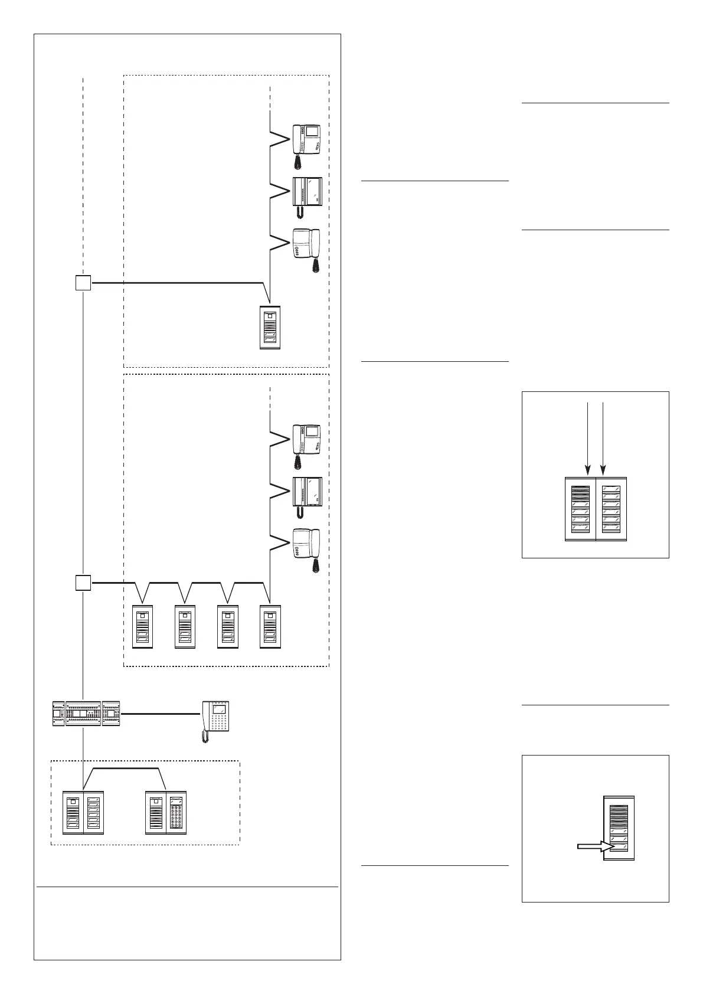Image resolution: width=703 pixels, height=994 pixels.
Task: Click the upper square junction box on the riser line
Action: (x=83, y=283)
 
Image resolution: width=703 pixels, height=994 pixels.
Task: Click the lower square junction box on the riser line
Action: (x=83, y=583)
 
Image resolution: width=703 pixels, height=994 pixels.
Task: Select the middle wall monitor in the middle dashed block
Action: (x=307, y=495)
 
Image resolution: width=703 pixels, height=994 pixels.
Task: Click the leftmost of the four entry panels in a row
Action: (x=143, y=627)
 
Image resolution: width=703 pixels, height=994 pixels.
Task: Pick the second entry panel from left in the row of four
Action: (x=185, y=627)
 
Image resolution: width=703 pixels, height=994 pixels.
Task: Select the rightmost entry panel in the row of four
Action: (x=270, y=627)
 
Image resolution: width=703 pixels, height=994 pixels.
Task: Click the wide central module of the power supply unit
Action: (x=83, y=714)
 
